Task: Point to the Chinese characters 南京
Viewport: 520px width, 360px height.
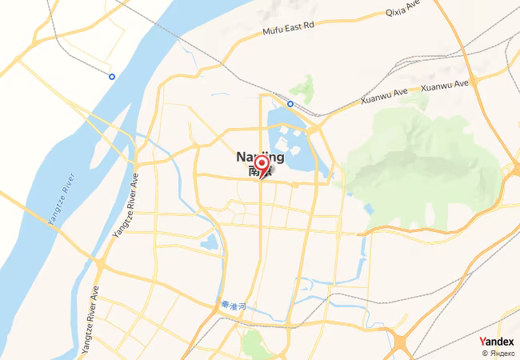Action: pos(260,170)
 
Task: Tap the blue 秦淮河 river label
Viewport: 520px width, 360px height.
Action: pos(231,305)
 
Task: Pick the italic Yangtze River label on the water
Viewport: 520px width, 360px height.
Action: pos(62,201)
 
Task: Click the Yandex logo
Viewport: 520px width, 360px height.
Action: pos(496,342)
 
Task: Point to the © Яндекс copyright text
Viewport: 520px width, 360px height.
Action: pos(498,353)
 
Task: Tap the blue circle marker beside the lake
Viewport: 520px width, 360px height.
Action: pos(290,103)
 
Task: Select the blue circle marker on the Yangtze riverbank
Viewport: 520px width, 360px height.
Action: pos(112,77)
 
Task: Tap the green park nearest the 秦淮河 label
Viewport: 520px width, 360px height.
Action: pos(254,346)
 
